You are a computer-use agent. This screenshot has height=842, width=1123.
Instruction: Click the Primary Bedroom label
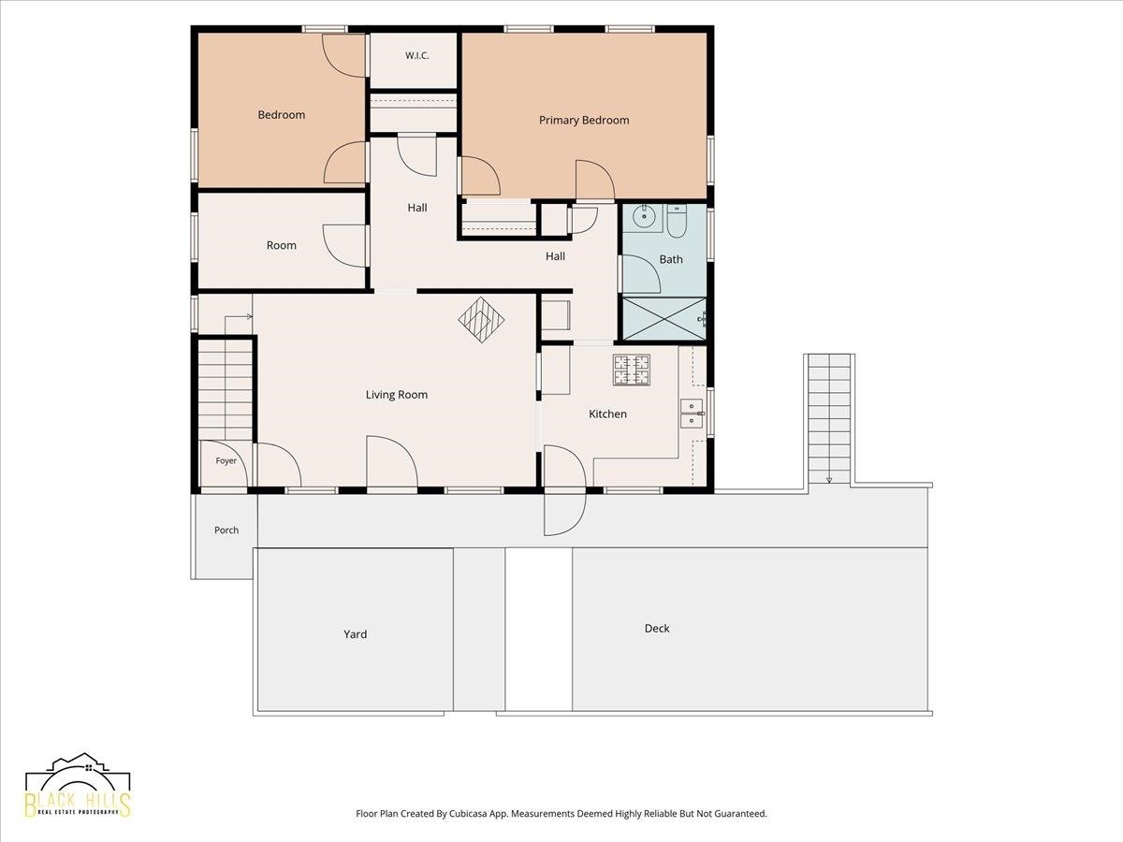pyautogui.click(x=584, y=120)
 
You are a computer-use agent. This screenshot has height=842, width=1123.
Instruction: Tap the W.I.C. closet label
pyautogui.click(x=417, y=56)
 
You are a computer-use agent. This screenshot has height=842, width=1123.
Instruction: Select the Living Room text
pyautogui.click(x=397, y=395)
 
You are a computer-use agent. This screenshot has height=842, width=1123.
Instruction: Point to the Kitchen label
pyautogui.click(x=607, y=414)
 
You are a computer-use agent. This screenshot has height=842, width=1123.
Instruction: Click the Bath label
pyautogui.click(x=671, y=259)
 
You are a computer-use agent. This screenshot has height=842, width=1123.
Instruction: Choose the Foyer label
pyautogui.click(x=226, y=460)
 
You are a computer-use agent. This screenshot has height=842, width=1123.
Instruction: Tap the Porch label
pyautogui.click(x=226, y=530)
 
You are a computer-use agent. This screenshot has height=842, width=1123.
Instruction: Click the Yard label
pyautogui.click(x=355, y=634)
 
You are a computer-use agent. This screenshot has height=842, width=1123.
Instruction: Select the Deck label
pyautogui.click(x=657, y=629)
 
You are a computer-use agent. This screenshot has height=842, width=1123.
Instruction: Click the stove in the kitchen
pyautogui.click(x=632, y=370)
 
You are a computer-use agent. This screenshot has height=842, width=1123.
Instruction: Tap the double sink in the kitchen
pyautogui.click(x=693, y=414)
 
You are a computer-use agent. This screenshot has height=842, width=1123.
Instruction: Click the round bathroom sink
pyautogui.click(x=643, y=217)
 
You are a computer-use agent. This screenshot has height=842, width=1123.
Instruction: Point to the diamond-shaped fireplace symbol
pyautogui.click(x=481, y=320)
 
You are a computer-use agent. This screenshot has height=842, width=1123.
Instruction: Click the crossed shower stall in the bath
pyautogui.click(x=664, y=318)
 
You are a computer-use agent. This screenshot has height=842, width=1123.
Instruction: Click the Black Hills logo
pyautogui.click(x=78, y=791)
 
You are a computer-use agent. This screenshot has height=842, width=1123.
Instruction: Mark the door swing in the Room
pyautogui.click(x=343, y=246)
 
